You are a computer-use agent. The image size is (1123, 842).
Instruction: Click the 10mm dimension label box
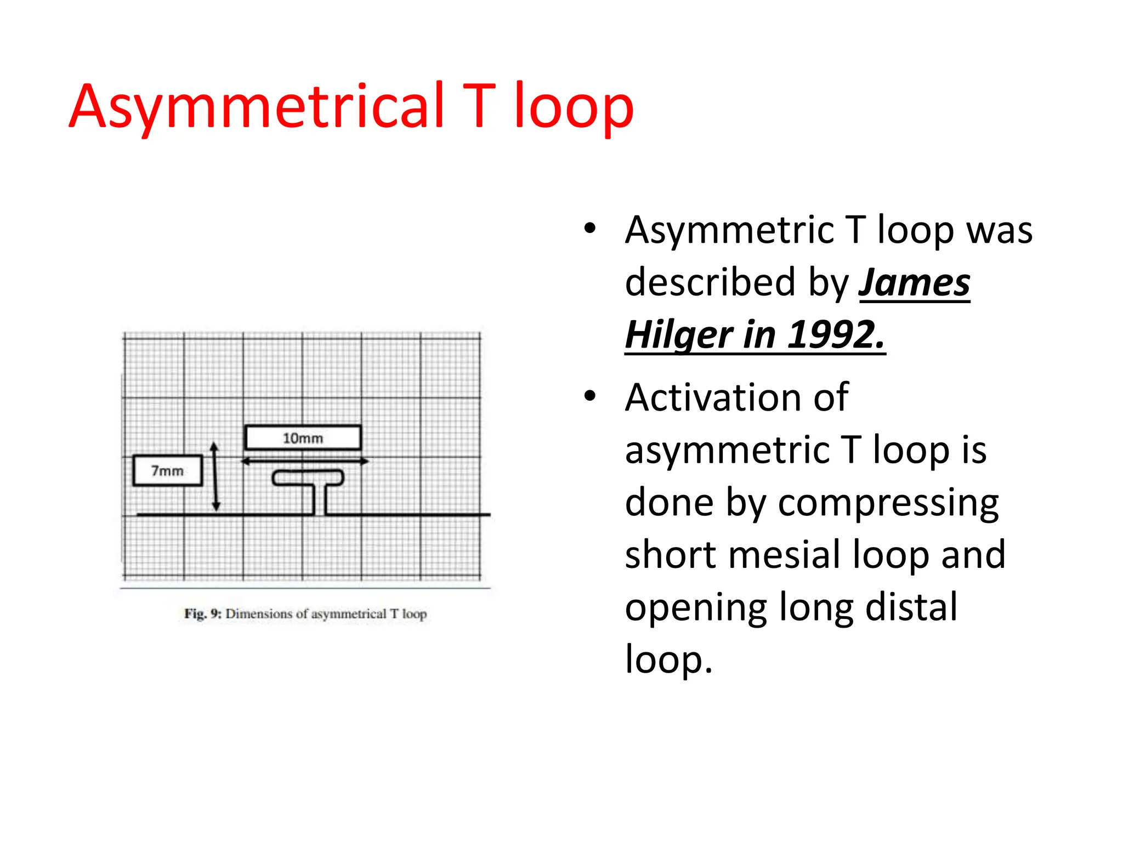[303, 438]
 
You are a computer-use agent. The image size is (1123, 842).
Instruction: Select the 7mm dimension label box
[167, 471]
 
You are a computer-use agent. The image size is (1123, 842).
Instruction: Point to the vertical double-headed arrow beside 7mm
[215, 477]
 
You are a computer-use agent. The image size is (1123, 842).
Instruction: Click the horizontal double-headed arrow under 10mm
[305, 462]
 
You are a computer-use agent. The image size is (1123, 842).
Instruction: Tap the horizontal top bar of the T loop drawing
[308, 477]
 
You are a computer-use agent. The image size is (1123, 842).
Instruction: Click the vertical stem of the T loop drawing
[320, 499]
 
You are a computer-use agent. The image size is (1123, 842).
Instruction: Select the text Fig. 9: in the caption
[202, 613]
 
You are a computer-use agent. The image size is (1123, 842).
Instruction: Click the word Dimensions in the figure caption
[259, 613]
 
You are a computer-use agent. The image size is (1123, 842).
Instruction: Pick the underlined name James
[914, 283]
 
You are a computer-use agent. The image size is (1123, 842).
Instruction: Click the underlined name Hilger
[679, 335]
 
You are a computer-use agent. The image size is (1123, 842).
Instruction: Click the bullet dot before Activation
[589, 396]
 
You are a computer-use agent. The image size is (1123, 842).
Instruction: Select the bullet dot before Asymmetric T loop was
[589, 229]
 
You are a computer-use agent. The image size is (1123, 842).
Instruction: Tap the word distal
[911, 607]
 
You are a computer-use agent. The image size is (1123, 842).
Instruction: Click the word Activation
[736, 397]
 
